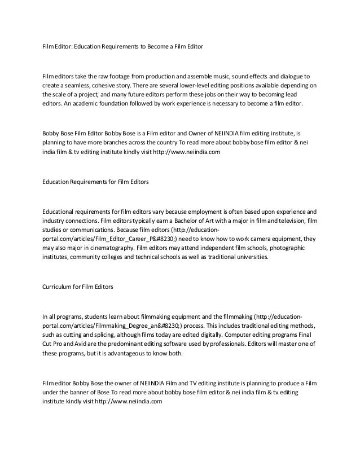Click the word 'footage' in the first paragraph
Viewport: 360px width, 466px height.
pos(116,75)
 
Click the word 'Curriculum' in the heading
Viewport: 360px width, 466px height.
pos(59,287)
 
